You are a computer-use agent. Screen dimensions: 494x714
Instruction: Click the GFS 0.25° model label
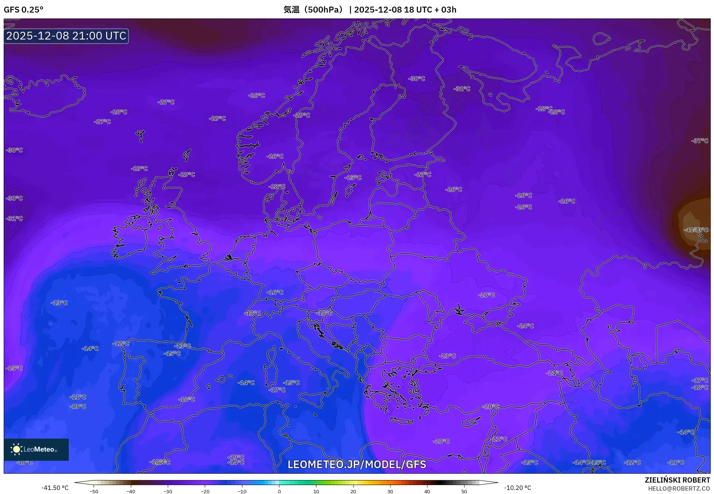click(23, 10)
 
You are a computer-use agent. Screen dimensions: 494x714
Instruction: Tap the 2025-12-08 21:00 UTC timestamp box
click(66, 36)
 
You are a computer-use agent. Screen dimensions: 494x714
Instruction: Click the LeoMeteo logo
click(36, 449)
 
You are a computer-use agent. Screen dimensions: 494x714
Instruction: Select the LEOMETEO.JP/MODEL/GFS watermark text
click(357, 464)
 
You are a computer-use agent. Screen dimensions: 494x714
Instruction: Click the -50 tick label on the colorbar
click(94, 491)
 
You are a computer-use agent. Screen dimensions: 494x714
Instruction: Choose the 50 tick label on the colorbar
click(464, 491)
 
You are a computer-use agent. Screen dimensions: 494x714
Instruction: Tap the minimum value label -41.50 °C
click(55, 488)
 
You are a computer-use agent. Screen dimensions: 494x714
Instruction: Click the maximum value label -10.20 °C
click(517, 488)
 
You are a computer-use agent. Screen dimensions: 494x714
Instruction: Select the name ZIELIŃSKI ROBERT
click(677, 480)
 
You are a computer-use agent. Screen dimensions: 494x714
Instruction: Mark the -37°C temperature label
click(700, 141)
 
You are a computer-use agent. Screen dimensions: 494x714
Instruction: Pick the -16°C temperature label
click(275, 292)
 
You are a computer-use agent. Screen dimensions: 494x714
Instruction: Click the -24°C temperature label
click(526, 326)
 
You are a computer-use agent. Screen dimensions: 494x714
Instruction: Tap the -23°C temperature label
click(447, 356)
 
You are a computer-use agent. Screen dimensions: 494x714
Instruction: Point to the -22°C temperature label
click(499, 439)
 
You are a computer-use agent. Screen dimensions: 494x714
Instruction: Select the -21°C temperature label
click(554, 373)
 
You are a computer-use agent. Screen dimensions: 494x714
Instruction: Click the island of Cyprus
click(471, 422)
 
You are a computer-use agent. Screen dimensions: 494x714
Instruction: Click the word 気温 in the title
click(291, 10)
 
